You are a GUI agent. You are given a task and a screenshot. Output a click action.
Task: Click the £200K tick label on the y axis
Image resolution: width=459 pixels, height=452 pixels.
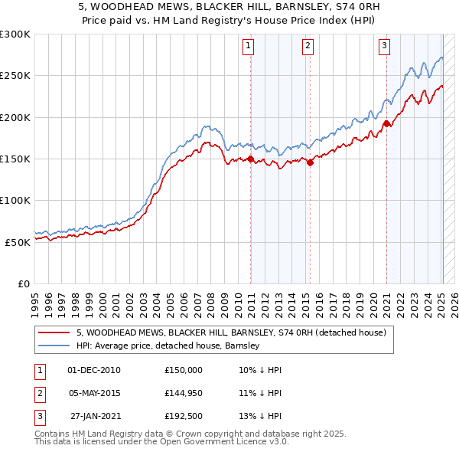click(x=15, y=117)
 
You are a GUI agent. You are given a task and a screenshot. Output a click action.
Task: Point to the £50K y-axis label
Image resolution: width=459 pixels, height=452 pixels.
click(x=18, y=241)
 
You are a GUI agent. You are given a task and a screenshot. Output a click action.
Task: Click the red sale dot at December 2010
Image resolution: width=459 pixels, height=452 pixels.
click(x=250, y=159)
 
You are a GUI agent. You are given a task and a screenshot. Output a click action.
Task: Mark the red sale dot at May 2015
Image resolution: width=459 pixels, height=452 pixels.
click(x=310, y=162)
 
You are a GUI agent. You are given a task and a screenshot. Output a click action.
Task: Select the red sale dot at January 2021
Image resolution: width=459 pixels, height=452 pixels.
click(x=387, y=123)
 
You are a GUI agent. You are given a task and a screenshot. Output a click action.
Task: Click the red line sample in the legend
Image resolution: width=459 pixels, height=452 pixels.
click(x=54, y=333)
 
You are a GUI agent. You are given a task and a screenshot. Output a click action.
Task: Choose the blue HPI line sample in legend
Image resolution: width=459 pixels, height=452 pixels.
click(x=54, y=346)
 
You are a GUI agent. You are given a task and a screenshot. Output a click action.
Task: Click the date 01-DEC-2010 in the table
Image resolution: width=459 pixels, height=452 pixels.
click(x=94, y=370)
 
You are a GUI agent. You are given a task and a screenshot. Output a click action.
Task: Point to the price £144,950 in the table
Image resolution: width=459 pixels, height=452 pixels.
click(x=184, y=393)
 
